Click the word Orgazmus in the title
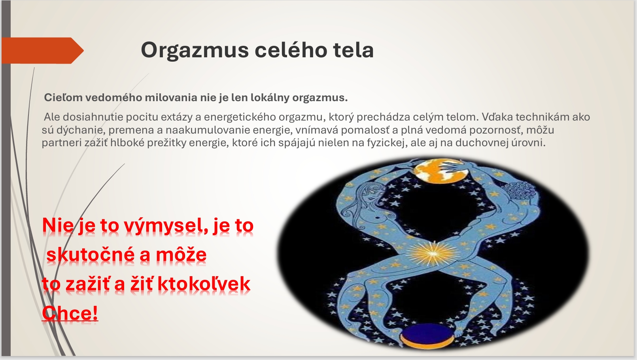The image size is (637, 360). [x=195, y=51]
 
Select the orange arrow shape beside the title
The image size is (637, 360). [x=43, y=51]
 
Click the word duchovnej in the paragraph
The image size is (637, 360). [x=482, y=143]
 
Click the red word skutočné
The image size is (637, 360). [x=91, y=254]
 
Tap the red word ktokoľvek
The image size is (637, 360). [x=204, y=284]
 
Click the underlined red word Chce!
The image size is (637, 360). [x=70, y=313]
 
